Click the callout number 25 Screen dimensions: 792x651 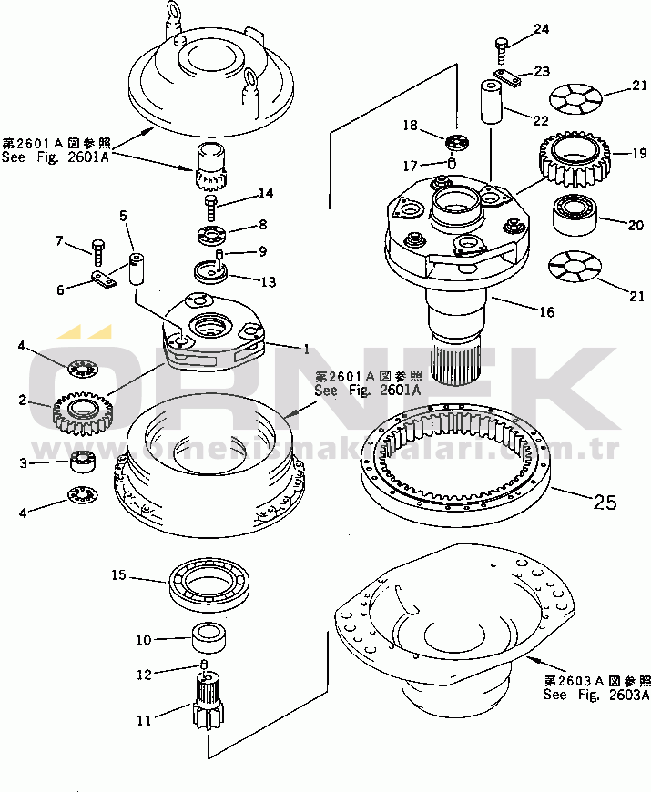tap(605, 501)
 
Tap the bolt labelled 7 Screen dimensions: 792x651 tap(97, 247)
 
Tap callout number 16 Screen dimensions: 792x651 tap(545, 312)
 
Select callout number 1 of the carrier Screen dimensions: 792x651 tap(307, 349)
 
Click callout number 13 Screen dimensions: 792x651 tap(267, 282)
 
